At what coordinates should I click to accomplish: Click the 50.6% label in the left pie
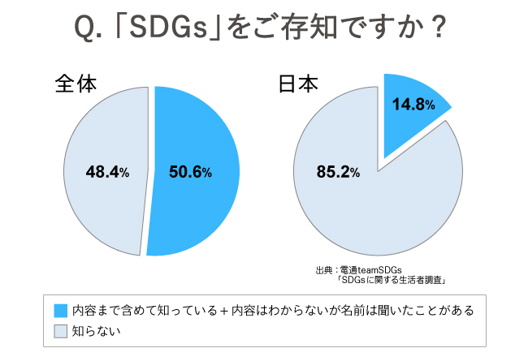tap(190, 172)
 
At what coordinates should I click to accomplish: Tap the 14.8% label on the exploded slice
tap(412, 105)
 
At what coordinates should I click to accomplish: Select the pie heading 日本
tap(297, 84)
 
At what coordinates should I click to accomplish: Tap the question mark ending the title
tap(438, 31)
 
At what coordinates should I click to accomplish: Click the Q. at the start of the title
tap(88, 32)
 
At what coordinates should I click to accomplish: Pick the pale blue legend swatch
tap(60, 331)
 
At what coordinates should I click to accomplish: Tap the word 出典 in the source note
tap(323, 269)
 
